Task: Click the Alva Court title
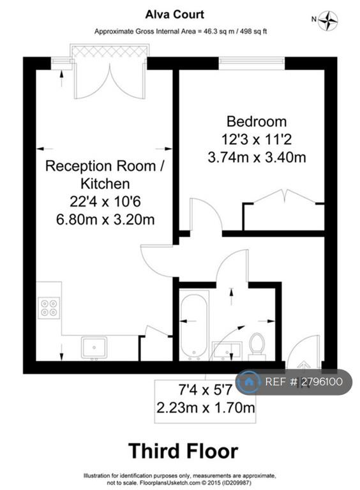coord(174,15)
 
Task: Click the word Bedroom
coord(256,122)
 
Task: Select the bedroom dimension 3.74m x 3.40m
coord(257,157)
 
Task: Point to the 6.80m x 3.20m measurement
coord(105,219)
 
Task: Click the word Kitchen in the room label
coord(105,184)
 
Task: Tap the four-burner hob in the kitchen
coord(49,308)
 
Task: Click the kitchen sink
coord(94,347)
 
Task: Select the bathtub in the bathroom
coord(194,325)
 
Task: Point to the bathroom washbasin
coord(227,350)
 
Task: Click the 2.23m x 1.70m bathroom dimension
coord(206,408)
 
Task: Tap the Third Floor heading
coord(183,451)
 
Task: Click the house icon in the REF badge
coord(249,382)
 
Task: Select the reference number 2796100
coord(322,382)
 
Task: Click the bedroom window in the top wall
coord(252,63)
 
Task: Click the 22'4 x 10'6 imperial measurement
coord(105,202)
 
